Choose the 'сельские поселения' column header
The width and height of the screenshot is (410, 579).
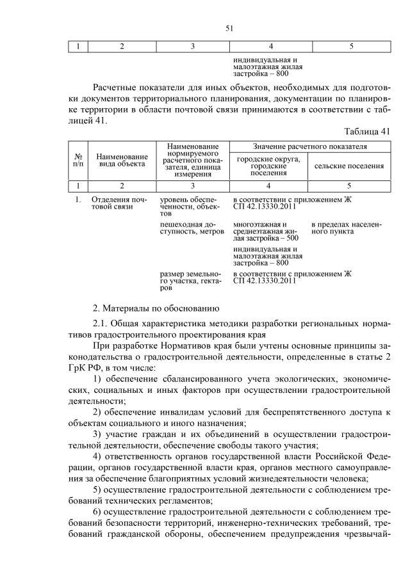(350, 166)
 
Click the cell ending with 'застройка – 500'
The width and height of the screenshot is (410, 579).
(267, 232)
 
